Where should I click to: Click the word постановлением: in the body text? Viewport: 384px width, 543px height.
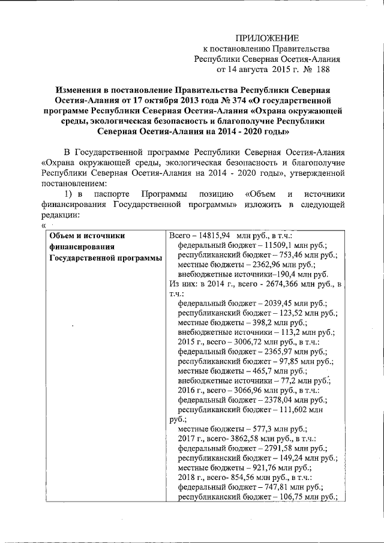74,184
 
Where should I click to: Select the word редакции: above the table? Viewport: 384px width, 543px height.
61,215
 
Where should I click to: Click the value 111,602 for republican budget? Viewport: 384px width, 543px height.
304,409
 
